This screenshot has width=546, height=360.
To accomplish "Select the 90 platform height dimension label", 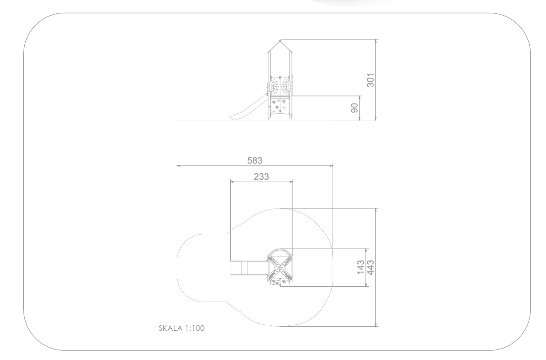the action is pyautogui.click(x=354, y=108).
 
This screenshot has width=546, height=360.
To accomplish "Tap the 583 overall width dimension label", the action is pyautogui.click(x=255, y=160).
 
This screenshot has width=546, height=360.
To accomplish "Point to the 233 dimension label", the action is pyautogui.click(x=261, y=177).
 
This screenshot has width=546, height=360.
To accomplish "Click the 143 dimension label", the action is pyautogui.click(x=361, y=267).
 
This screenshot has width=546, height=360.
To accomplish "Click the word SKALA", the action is pyautogui.click(x=171, y=328).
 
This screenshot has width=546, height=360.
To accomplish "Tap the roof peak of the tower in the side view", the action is pyautogui.click(x=280, y=41).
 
